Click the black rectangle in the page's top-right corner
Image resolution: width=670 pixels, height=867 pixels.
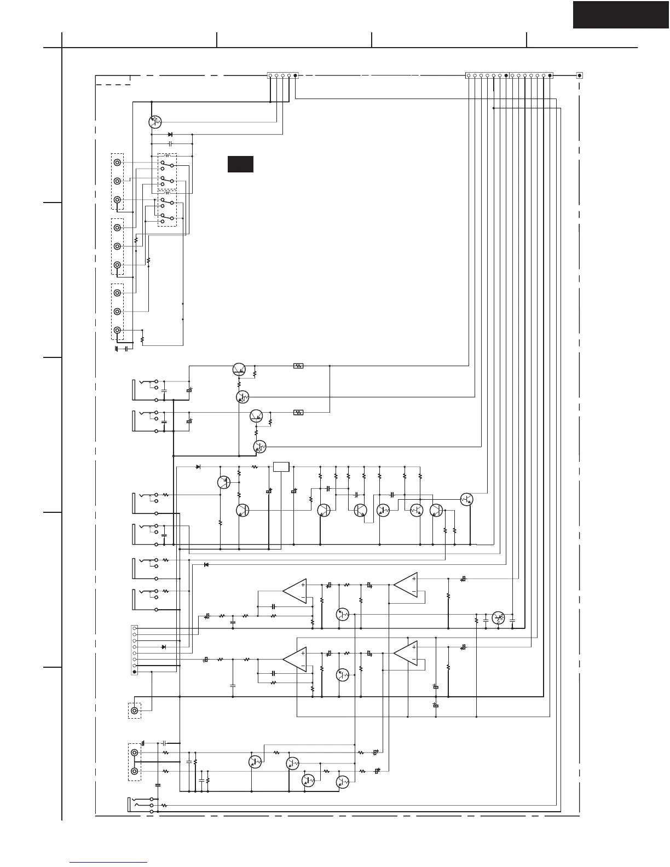pos(621,15)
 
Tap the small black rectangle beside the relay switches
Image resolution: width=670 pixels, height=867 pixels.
pos(240,164)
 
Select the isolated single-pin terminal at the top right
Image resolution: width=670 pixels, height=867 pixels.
pos(580,76)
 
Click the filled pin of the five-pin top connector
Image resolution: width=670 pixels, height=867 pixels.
pos(296,76)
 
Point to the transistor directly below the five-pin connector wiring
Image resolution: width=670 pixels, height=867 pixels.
pos(155,122)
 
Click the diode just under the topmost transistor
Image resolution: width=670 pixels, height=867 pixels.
pos(170,134)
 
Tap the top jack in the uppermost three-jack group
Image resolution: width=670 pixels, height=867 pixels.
pos(117,163)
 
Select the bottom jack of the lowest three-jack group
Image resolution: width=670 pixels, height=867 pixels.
pos(117,330)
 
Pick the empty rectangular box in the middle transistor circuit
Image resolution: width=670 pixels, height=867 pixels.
pos(281,467)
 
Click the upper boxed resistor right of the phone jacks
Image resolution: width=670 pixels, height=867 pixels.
pos(298,366)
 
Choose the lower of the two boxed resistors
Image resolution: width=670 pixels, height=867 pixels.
pos(298,412)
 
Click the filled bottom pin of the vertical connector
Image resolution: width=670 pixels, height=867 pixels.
pos(134,672)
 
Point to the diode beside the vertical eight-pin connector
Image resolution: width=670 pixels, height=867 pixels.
pos(164,647)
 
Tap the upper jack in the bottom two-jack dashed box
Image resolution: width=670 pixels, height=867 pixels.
pos(134,753)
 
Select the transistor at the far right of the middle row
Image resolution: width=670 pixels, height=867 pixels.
pos(466,499)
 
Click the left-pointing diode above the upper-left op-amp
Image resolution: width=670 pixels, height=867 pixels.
pos(206,564)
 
